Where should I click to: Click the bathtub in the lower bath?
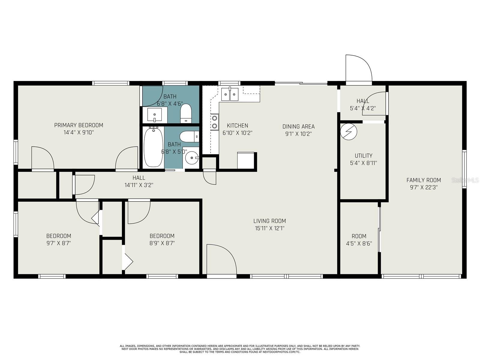[x=153, y=147]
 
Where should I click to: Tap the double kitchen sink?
[x=229, y=94]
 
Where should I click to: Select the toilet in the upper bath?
[x=186, y=113]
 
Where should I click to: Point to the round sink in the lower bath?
[x=192, y=157]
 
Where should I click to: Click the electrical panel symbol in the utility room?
[x=349, y=132]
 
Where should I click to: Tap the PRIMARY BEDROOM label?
[x=79, y=125]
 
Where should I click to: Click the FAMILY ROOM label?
[x=424, y=180]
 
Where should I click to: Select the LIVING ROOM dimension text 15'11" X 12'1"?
[x=270, y=228]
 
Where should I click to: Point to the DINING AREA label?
[x=298, y=126]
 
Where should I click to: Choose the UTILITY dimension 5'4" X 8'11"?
[x=363, y=163]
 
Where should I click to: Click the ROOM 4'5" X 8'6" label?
[x=359, y=240]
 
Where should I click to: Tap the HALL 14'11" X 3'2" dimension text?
[x=139, y=185]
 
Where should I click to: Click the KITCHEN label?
[x=238, y=125]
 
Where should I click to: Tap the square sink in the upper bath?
[x=154, y=115]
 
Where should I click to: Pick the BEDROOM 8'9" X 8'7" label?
[x=162, y=240]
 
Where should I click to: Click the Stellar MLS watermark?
[x=465, y=181]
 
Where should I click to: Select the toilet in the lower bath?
[x=189, y=136]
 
